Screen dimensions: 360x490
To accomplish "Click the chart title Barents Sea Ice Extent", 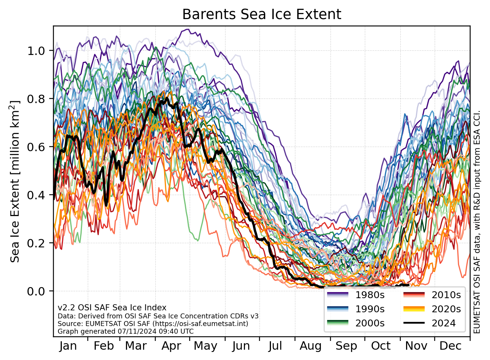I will point(261,14).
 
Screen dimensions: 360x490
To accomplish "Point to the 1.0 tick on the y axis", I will point(37,51).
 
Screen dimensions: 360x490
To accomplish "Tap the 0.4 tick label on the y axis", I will point(37,195).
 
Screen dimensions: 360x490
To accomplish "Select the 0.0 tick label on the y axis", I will point(37,291).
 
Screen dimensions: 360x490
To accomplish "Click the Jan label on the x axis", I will point(68,346).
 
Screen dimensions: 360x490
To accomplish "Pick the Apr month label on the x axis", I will point(171,346).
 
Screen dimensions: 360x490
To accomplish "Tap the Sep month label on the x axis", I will point(346,346).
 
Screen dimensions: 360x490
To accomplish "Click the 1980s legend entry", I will point(370,295).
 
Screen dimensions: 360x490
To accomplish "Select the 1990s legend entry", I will point(370,309).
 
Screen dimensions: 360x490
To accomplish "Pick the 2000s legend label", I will point(370,323).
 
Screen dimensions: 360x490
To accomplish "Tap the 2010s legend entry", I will point(446,295).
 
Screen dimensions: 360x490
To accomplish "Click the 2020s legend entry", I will point(446,309).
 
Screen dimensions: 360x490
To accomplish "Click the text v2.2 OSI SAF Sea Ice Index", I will point(112,308).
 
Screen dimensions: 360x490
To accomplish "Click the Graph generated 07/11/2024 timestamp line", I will point(126,331).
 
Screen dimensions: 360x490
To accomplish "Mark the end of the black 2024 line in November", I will point(409,285).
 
